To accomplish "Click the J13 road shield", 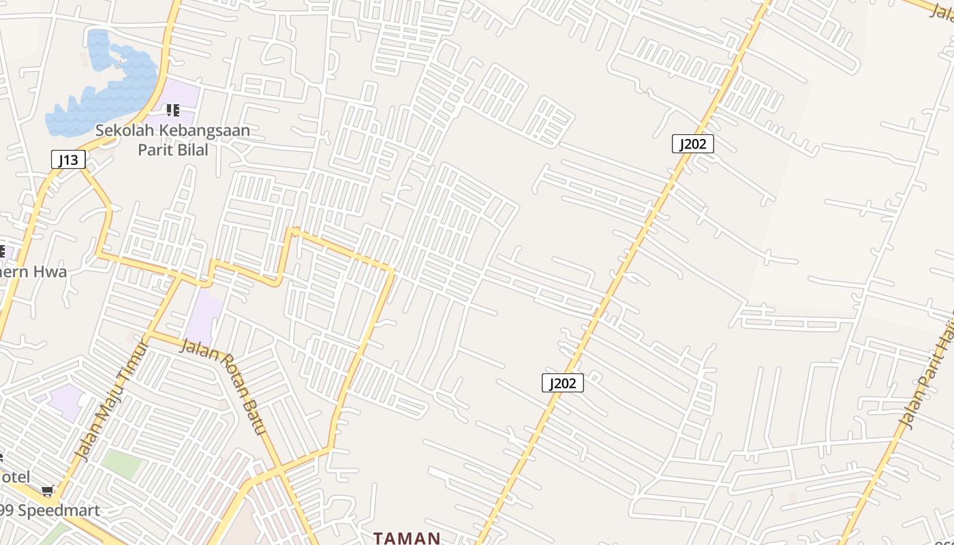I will point(68,160).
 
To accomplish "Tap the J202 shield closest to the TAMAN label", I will point(562,383).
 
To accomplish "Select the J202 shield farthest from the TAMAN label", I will point(693,144).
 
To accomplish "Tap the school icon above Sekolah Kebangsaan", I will point(173,110).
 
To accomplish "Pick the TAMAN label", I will point(407,538).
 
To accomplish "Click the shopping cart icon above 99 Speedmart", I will point(47,490).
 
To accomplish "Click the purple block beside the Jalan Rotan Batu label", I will point(204,317).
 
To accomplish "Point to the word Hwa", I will point(50,272).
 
